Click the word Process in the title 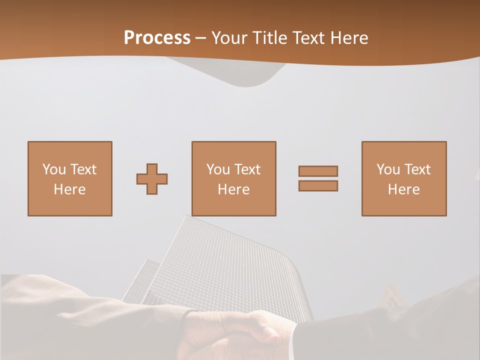point(157,38)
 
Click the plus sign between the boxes point(152,179)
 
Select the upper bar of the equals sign point(318,171)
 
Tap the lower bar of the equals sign point(318,186)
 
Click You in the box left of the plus point(54,169)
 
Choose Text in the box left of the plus point(83,169)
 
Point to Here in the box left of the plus point(69,189)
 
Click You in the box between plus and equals point(218,169)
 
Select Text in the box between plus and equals point(247,169)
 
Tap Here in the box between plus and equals point(233,189)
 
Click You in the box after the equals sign point(388,169)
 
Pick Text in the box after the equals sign point(417,169)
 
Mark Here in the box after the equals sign point(403,189)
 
